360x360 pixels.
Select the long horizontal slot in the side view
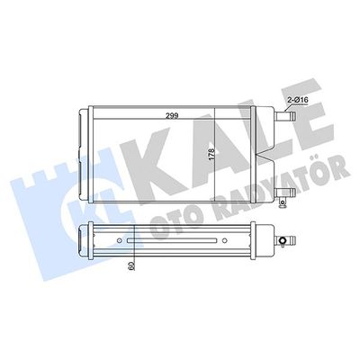(x=176, y=240)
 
